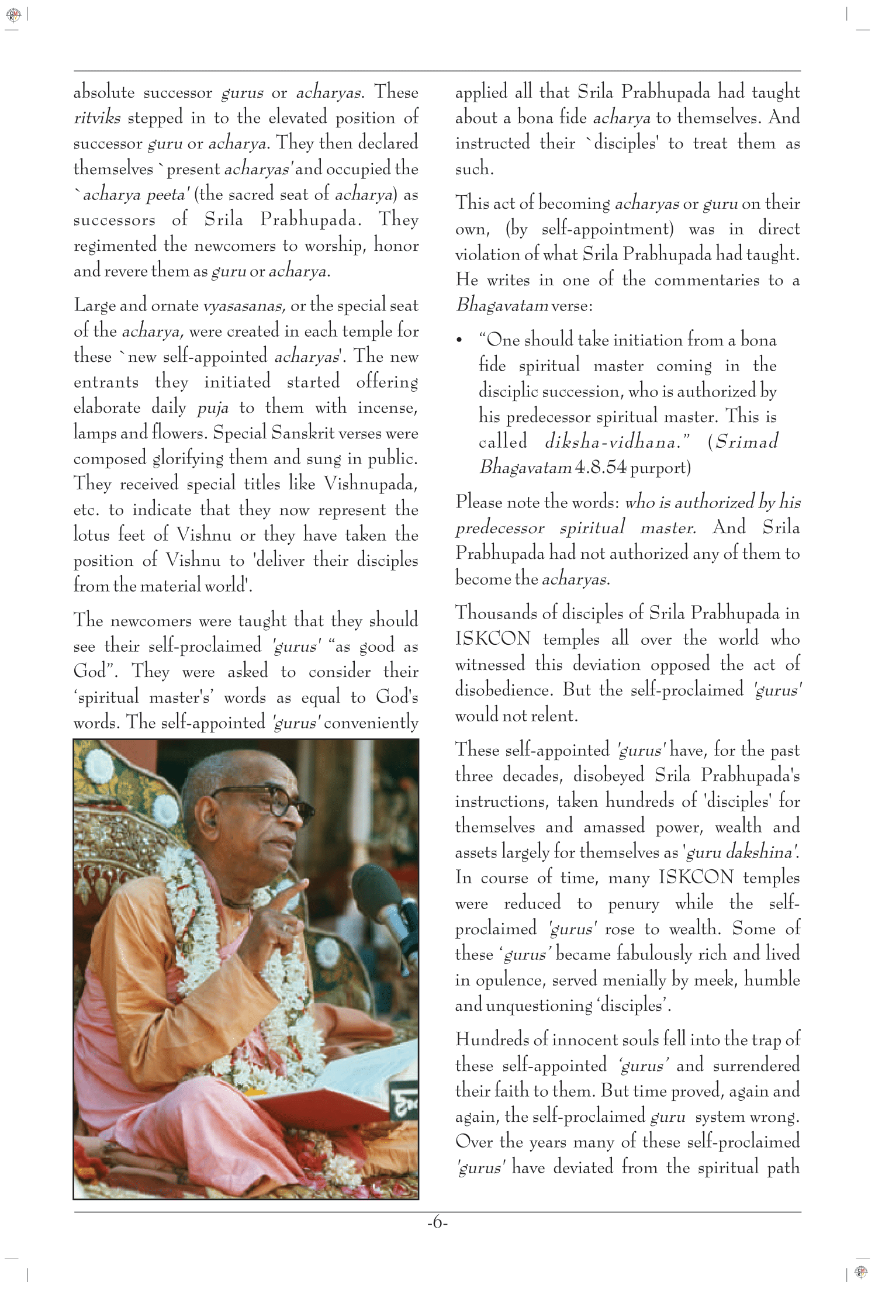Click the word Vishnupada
[371, 485]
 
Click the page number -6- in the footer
[437, 1224]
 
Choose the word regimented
[115, 246]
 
